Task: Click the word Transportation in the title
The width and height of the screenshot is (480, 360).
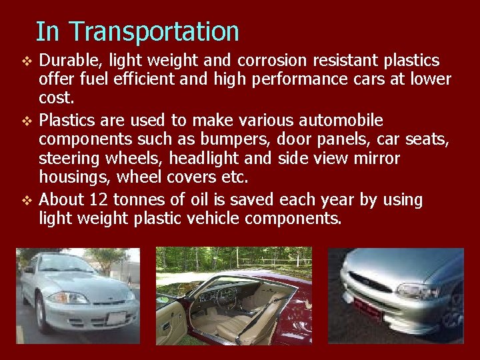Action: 154,31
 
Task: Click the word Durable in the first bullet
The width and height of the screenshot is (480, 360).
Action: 66,61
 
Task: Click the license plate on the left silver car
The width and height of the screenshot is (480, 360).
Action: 116,319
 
